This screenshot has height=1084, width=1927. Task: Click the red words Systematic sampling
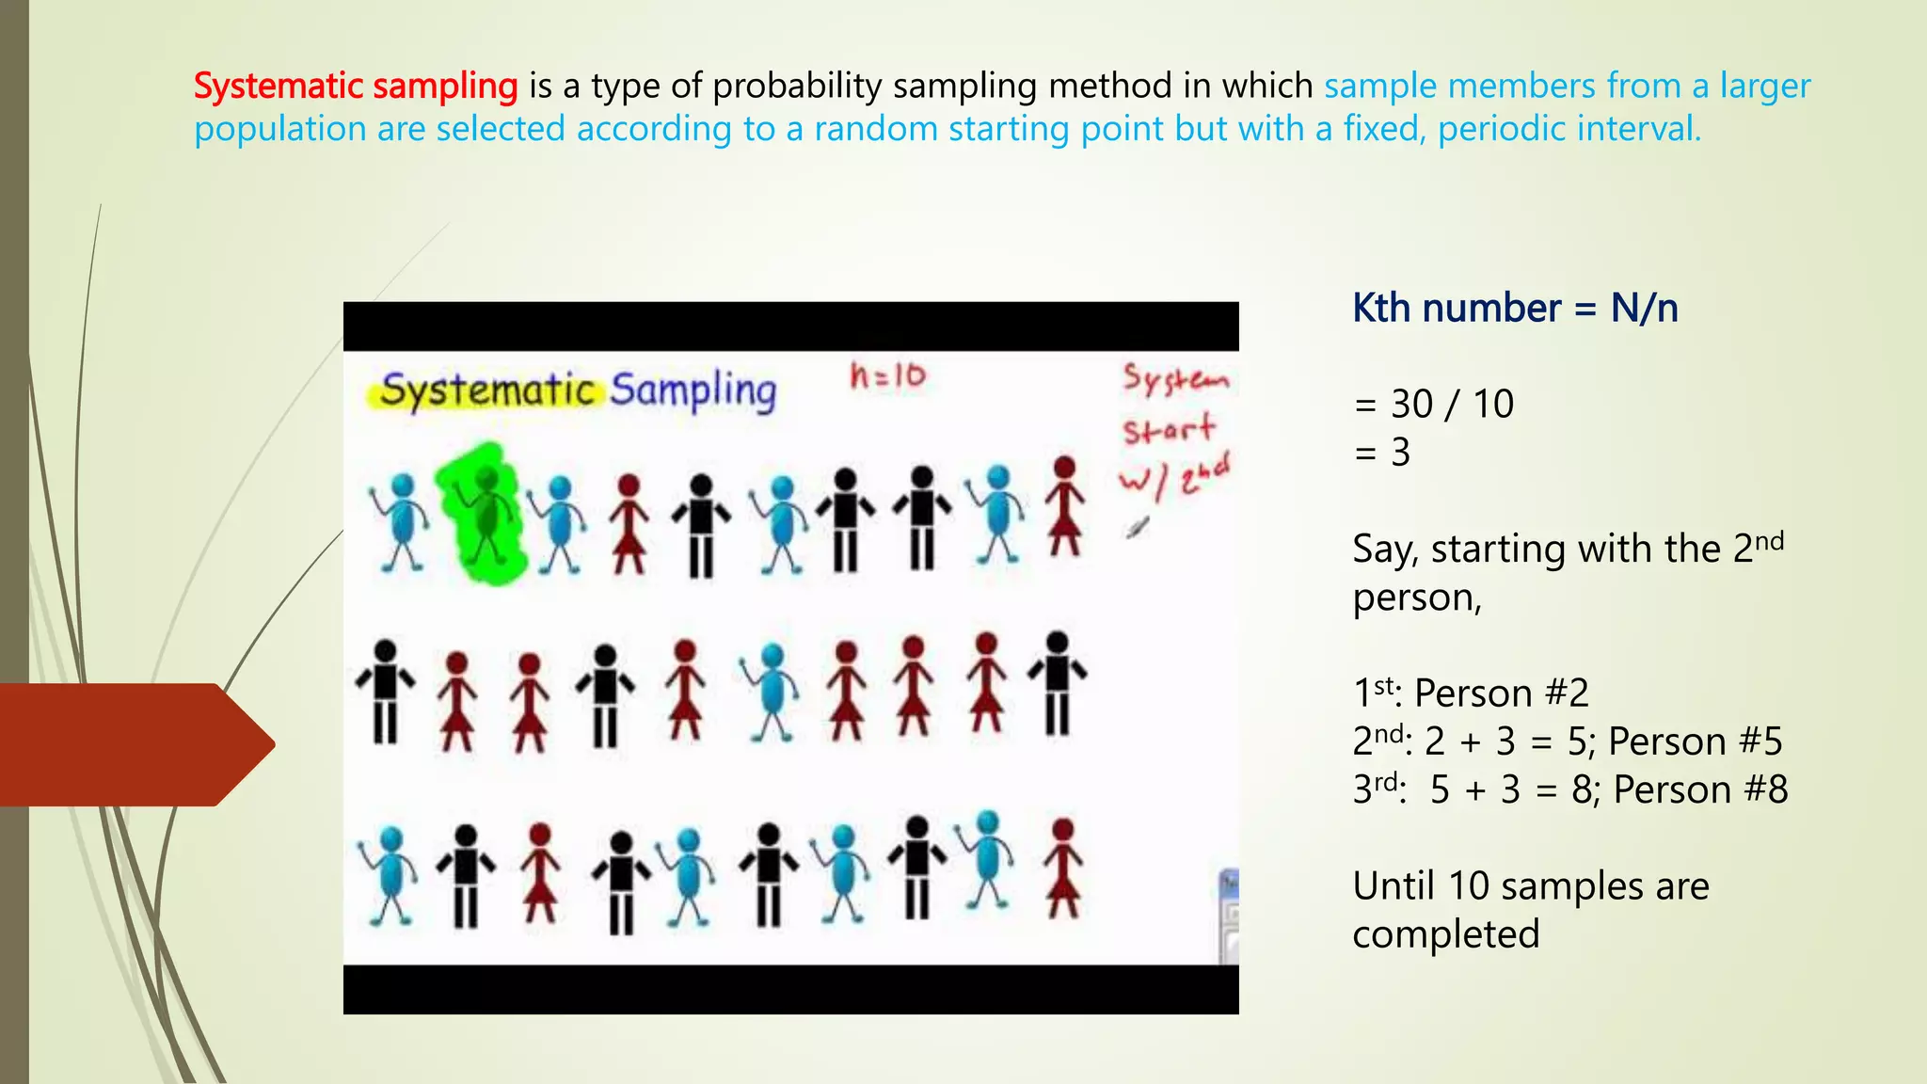[x=355, y=86]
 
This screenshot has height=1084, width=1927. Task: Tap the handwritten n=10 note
[x=887, y=376]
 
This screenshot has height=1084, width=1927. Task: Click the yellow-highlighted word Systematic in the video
[x=487, y=390]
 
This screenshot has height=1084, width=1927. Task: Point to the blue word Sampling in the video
[x=693, y=390]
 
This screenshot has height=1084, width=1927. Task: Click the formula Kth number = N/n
[x=1514, y=309]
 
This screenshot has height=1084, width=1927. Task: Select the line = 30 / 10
[x=1433, y=405]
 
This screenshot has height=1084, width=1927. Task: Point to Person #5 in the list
[x=1695, y=741]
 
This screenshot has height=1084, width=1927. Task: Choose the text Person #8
[x=1699, y=789]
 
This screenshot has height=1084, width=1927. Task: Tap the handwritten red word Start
[x=1168, y=431]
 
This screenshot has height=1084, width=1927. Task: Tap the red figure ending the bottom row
[x=1062, y=868]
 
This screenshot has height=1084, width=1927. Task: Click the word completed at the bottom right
[x=1445, y=934]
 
